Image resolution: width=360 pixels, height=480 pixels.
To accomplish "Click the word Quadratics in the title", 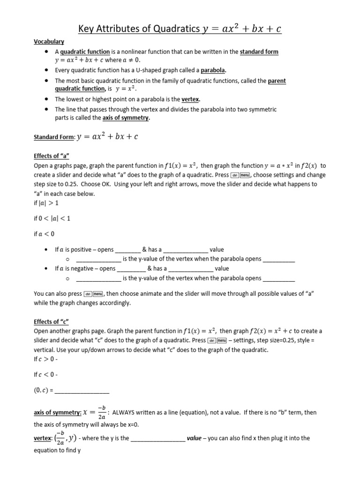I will point(172,29).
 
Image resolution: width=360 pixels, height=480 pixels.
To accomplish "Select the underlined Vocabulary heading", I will point(49,42).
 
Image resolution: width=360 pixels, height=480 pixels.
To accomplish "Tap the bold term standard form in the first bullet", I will point(259,52).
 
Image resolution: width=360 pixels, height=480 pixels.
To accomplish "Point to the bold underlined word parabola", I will point(213,70).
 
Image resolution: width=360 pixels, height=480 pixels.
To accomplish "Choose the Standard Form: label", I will point(54,137).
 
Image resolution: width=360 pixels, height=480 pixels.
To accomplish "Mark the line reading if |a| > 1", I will point(47,203).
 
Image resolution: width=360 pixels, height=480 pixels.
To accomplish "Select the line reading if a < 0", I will point(44,234).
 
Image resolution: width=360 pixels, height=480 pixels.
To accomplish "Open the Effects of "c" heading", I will point(52,322).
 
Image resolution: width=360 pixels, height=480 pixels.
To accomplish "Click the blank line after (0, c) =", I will point(82,390).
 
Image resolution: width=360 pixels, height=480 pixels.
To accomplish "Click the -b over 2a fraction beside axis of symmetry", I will point(101,413).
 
